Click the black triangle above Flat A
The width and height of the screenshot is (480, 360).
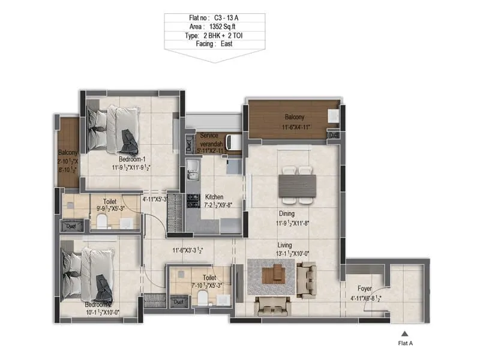405,334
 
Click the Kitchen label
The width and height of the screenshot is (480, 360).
214,197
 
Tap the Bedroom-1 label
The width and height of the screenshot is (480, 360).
132,159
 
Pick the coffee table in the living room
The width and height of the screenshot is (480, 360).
277,275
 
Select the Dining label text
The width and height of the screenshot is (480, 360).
286,213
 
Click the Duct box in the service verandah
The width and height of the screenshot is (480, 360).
189,144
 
